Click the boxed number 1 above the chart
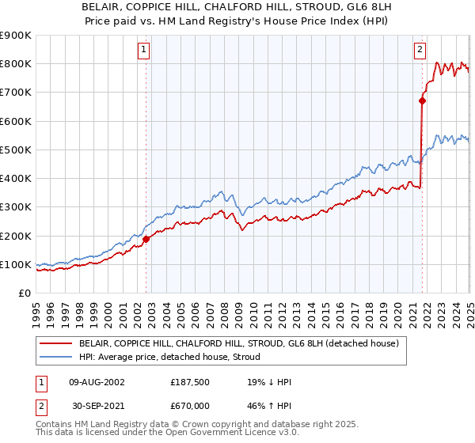click(143, 50)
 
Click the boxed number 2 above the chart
click(420, 50)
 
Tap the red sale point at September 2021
click(422, 100)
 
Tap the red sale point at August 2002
click(146, 239)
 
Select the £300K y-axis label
click(16, 207)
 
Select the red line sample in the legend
click(56, 343)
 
